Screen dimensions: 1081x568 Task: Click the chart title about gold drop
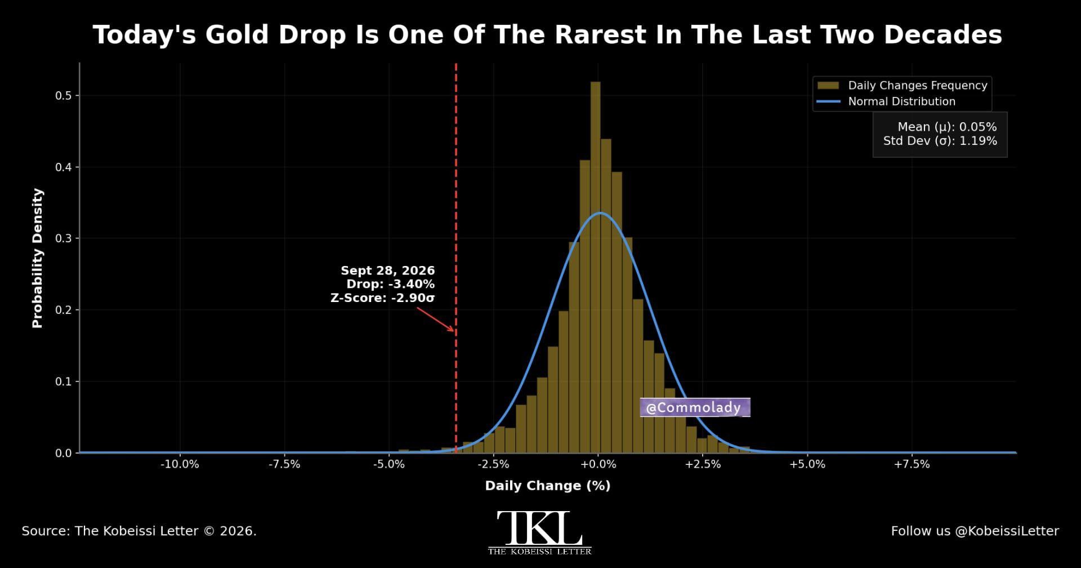click(547, 35)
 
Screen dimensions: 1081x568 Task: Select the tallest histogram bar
click(595, 267)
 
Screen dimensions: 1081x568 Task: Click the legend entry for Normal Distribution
click(886, 101)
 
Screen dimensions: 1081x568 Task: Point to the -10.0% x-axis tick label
click(180, 464)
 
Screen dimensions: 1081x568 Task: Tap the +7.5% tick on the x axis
click(912, 464)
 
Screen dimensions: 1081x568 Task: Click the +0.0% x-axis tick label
click(598, 464)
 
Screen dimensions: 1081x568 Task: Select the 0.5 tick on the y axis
click(63, 96)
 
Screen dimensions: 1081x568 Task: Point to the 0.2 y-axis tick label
click(63, 310)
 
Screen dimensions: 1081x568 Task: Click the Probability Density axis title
click(38, 258)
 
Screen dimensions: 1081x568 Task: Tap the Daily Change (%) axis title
click(548, 486)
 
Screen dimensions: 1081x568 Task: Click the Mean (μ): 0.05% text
click(947, 127)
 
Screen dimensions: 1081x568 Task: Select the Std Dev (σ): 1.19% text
click(940, 141)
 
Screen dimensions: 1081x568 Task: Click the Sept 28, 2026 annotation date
click(387, 270)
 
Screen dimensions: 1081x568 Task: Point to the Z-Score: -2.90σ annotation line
click(382, 298)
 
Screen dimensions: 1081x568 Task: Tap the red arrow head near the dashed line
click(450, 329)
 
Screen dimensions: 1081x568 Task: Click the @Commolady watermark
click(695, 407)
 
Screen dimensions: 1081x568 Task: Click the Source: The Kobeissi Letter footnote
click(139, 531)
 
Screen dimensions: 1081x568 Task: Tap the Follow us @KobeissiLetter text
click(975, 531)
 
